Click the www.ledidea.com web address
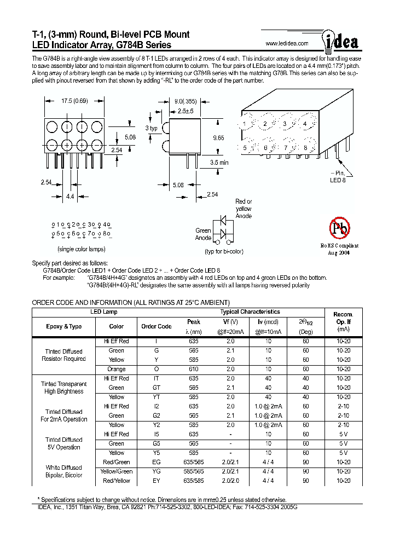(287, 43)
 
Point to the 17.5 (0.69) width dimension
(74, 101)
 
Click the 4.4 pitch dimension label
(71, 196)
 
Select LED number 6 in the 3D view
(266, 148)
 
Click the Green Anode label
(203, 234)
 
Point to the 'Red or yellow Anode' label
(244, 209)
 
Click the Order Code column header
(157, 326)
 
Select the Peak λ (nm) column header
(194, 326)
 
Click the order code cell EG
(157, 462)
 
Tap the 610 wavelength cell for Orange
(194, 369)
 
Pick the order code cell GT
(157, 388)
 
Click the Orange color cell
(117, 369)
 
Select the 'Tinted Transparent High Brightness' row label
(64, 388)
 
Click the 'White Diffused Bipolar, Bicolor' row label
(64, 471)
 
